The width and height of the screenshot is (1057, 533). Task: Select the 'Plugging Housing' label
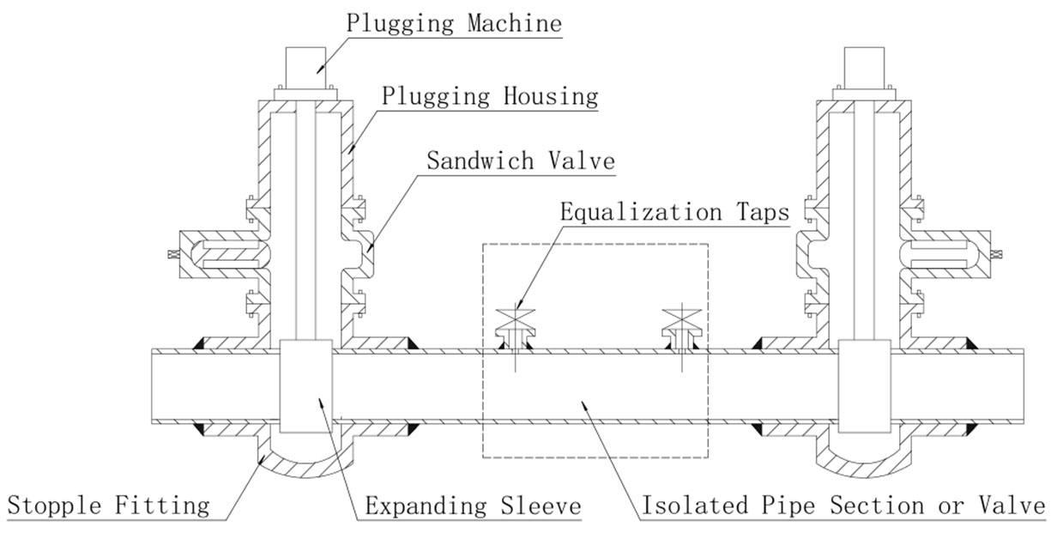click(490, 95)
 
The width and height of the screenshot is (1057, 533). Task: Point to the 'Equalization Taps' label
click(673, 211)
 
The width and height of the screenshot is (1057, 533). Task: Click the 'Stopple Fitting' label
click(108, 506)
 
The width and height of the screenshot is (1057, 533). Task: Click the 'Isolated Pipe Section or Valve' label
click(843, 506)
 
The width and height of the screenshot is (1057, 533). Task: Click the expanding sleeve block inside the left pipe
click(307, 385)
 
